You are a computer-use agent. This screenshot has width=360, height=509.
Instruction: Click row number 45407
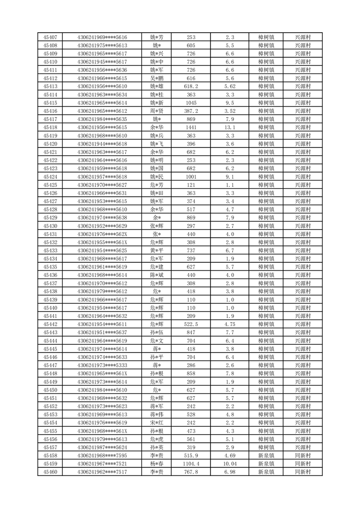(50, 37)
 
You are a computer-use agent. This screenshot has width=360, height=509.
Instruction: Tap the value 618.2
(191, 86)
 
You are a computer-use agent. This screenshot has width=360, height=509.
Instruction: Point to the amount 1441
(191, 127)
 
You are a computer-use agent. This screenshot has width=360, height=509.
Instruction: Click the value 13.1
(229, 127)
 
